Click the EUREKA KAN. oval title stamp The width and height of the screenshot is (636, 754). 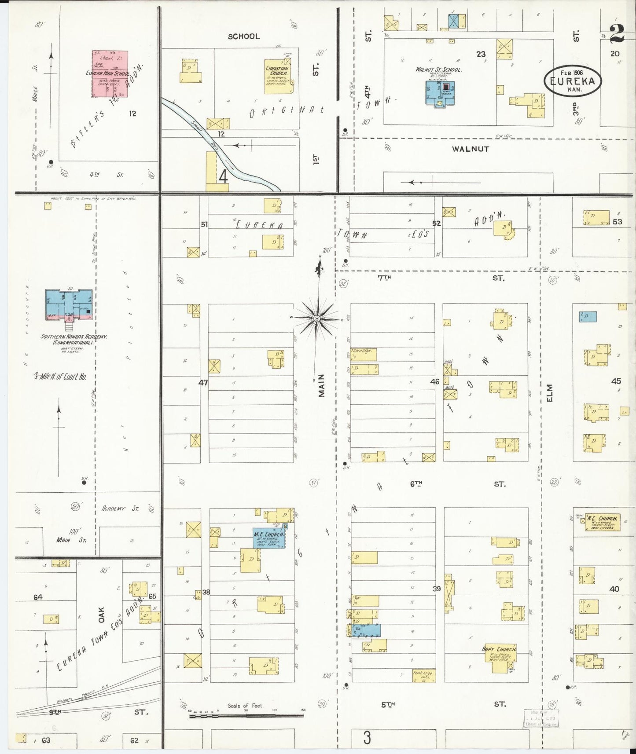pos(572,81)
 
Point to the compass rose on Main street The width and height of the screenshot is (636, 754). pos(317,318)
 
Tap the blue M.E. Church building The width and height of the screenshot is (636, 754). pos(268,538)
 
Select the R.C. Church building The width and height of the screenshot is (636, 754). pos(602,522)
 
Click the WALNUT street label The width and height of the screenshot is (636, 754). pos(470,149)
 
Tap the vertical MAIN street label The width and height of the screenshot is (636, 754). pos(321,385)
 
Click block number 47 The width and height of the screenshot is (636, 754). pos(202,383)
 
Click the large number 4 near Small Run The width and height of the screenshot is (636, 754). pos(223,176)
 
